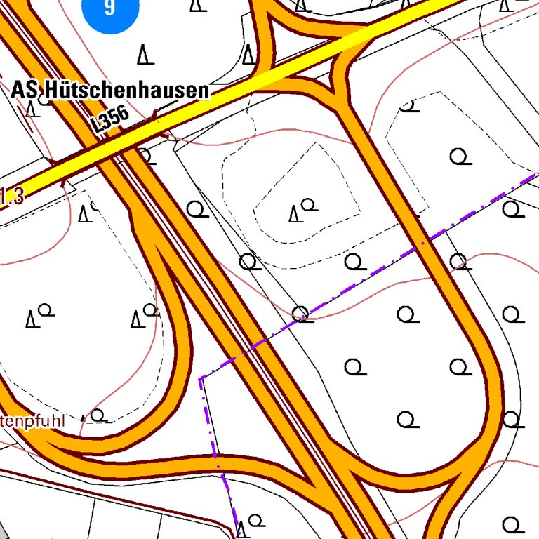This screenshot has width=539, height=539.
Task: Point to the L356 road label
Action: (x=110, y=121)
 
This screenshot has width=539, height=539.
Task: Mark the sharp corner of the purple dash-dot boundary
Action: (x=201, y=379)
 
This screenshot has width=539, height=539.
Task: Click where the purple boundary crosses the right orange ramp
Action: (x=422, y=243)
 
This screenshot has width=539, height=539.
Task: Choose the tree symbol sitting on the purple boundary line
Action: (x=301, y=313)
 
